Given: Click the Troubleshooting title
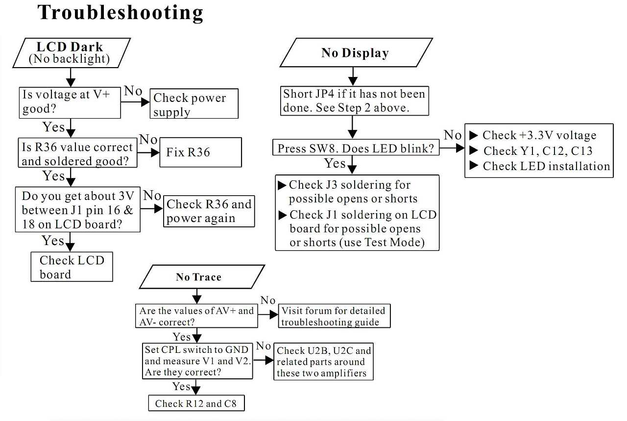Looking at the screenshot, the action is click(121, 13).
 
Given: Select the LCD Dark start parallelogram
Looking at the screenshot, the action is click(72, 53).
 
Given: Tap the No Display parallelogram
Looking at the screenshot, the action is click(356, 52).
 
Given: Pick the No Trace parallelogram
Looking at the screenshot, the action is click(202, 277).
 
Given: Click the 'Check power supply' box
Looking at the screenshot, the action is click(194, 103).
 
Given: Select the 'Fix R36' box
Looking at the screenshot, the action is click(200, 152).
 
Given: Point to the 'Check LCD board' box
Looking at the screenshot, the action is click(72, 267).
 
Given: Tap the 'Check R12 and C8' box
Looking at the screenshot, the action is click(196, 403).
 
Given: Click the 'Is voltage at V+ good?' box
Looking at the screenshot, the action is click(70, 102).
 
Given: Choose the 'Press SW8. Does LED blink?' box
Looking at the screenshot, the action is click(356, 148).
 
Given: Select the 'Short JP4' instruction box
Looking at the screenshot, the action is click(354, 101).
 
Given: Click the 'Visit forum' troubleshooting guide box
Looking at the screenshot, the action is click(334, 316).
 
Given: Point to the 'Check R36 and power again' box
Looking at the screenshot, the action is click(209, 211).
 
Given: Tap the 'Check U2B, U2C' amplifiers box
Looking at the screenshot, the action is click(323, 361).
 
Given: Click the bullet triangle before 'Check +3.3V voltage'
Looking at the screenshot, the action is click(473, 135).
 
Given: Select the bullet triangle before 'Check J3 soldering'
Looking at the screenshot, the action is click(282, 185).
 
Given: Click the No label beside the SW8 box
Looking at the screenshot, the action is click(453, 135).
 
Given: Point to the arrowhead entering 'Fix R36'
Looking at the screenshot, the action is click(155, 152).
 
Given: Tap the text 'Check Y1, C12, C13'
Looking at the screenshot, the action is click(538, 151).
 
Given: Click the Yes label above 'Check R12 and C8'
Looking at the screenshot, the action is click(181, 386).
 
